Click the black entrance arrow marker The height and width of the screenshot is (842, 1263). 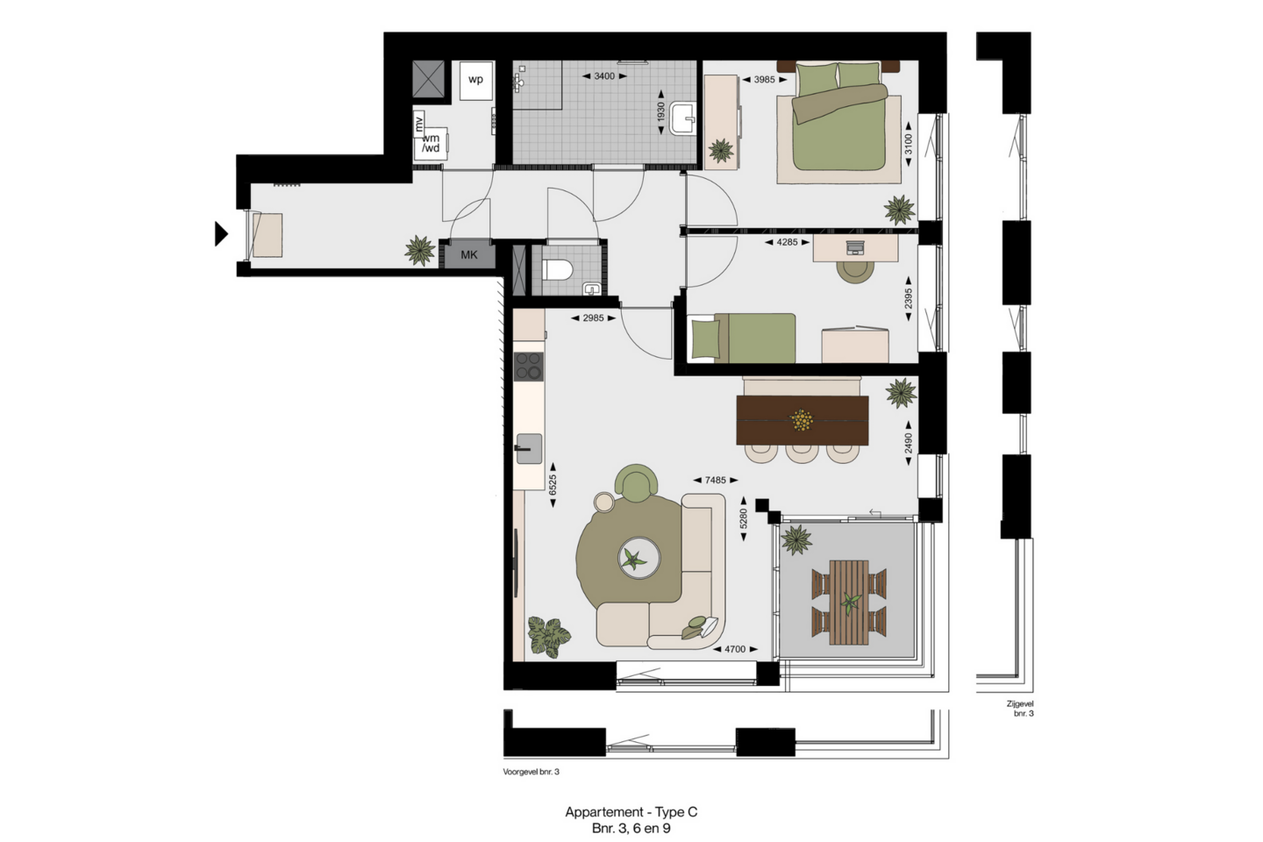(x=221, y=233)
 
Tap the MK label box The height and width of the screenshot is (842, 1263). (x=469, y=255)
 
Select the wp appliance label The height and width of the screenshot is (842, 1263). (x=476, y=80)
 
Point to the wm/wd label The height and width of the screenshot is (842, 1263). (x=431, y=143)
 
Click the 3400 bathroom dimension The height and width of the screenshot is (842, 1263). (x=603, y=76)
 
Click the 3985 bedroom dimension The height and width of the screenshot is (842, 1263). (x=764, y=80)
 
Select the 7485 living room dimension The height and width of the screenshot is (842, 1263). (x=715, y=480)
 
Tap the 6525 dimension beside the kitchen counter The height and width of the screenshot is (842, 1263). (x=553, y=485)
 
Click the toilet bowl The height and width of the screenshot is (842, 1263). (x=556, y=270)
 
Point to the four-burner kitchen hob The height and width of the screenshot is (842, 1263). (x=529, y=367)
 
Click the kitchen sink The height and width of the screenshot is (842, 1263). (x=529, y=449)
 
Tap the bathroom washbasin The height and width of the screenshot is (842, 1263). (x=683, y=118)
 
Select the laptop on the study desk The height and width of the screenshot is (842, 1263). (x=856, y=247)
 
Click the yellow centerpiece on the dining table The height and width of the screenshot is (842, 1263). (x=802, y=420)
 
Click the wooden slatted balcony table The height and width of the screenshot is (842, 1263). (x=849, y=602)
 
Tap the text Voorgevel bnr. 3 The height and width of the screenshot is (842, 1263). (x=532, y=772)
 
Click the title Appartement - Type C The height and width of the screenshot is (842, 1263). (x=631, y=811)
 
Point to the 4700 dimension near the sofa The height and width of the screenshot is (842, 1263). (x=735, y=649)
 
